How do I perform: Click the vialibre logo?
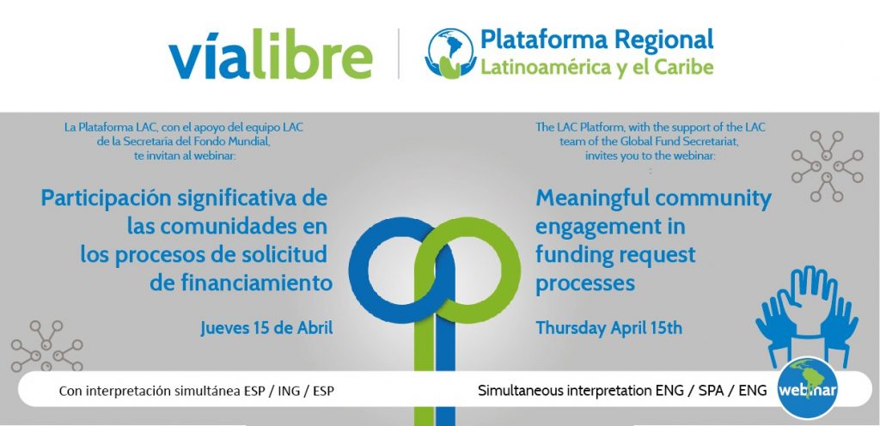(270, 54)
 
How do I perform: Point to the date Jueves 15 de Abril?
(266, 328)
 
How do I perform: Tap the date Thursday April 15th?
(609, 328)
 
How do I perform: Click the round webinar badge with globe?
(807, 389)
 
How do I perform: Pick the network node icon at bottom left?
(47, 346)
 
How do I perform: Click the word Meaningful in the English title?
(587, 199)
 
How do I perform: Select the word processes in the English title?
(585, 284)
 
